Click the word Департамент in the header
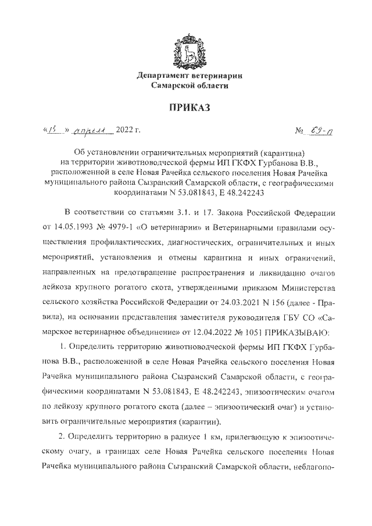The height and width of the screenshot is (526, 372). pyautogui.click(x=163, y=76)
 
